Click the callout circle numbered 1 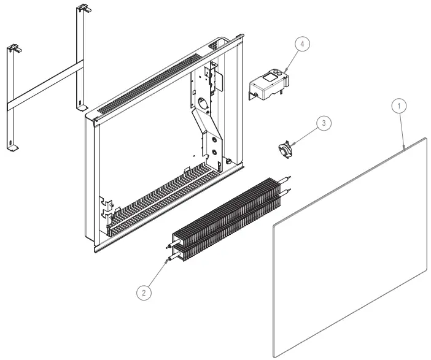pos(399,105)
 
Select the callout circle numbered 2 pos(144,293)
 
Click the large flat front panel pos(350,245)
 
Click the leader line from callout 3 pos(306,133)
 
